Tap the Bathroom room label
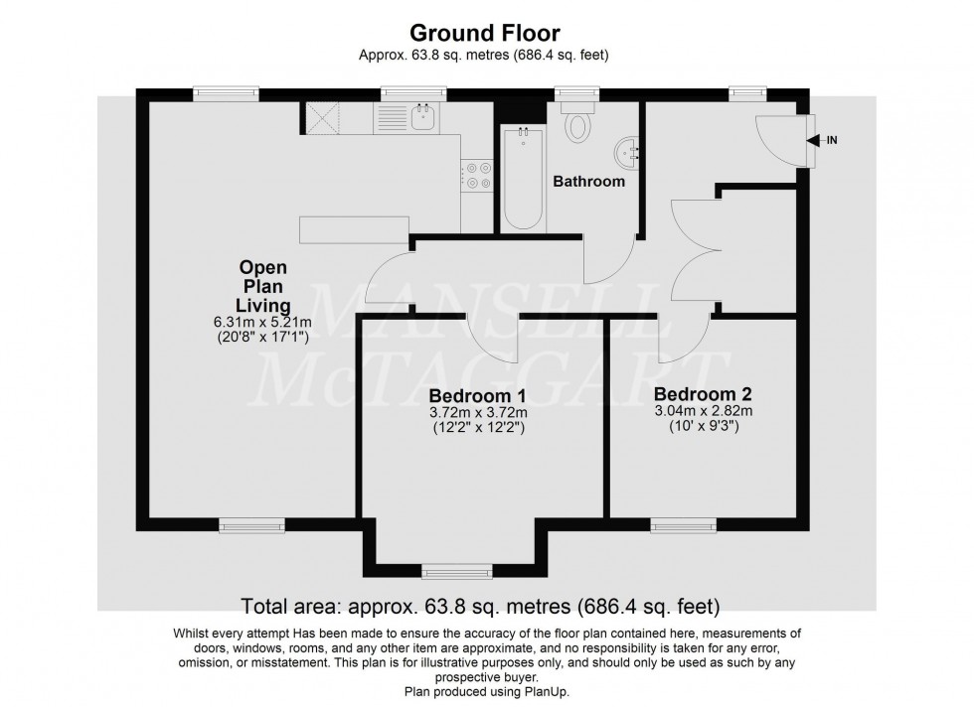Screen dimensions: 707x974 [x=589, y=182]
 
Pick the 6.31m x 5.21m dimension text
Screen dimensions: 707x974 [x=262, y=321]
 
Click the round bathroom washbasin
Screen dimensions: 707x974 [x=629, y=151]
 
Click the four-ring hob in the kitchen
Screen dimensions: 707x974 [x=476, y=176]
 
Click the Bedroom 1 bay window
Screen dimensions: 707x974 [x=456, y=571]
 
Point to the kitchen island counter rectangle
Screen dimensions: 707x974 [x=356, y=229]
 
